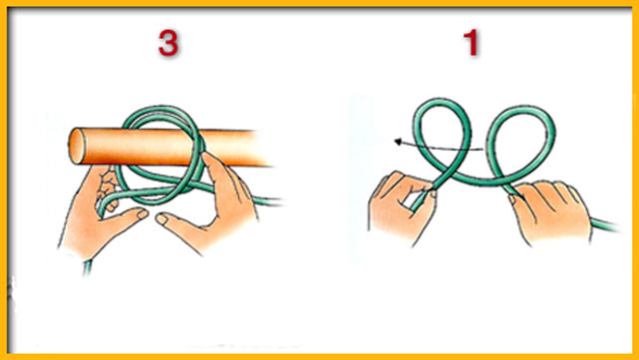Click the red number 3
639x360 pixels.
coord(168,43)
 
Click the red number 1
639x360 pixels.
coord(472,43)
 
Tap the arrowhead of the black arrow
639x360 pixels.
coord(398,142)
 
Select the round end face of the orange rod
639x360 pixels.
coord(77,146)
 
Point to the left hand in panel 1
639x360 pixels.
coord(402,208)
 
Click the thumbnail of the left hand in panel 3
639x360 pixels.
coord(142,214)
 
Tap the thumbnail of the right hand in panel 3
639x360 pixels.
coord(161,219)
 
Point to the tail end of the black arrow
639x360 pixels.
coord(481,149)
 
